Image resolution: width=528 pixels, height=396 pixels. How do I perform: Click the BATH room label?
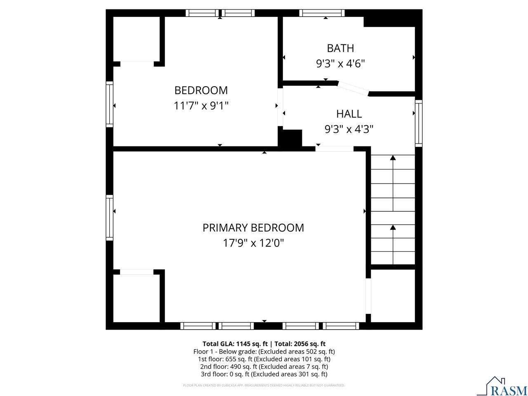coord(340,48)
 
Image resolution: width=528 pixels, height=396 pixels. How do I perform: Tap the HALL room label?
coord(349,114)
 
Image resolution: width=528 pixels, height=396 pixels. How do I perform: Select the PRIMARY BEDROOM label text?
coord(253,228)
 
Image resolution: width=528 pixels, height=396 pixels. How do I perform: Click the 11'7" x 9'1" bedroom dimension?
coord(201,106)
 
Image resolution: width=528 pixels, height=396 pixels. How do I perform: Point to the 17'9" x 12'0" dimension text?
coord(253,243)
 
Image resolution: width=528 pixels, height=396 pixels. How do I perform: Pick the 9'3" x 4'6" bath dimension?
coord(340,64)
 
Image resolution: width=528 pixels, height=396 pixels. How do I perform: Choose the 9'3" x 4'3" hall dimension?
coord(349,130)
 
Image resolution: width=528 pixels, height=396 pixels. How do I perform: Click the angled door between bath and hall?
coord(353,89)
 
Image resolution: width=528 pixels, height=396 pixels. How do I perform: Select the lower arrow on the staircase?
coord(393,228)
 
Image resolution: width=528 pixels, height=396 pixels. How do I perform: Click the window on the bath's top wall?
coord(322,13)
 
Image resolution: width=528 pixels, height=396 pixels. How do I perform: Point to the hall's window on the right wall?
coord(419,123)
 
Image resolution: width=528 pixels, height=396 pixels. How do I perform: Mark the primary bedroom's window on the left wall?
coord(109,217)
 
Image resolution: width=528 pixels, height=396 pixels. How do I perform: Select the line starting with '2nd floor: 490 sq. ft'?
coord(264,367)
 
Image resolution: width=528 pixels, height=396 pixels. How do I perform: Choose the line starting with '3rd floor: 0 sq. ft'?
coord(264,374)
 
